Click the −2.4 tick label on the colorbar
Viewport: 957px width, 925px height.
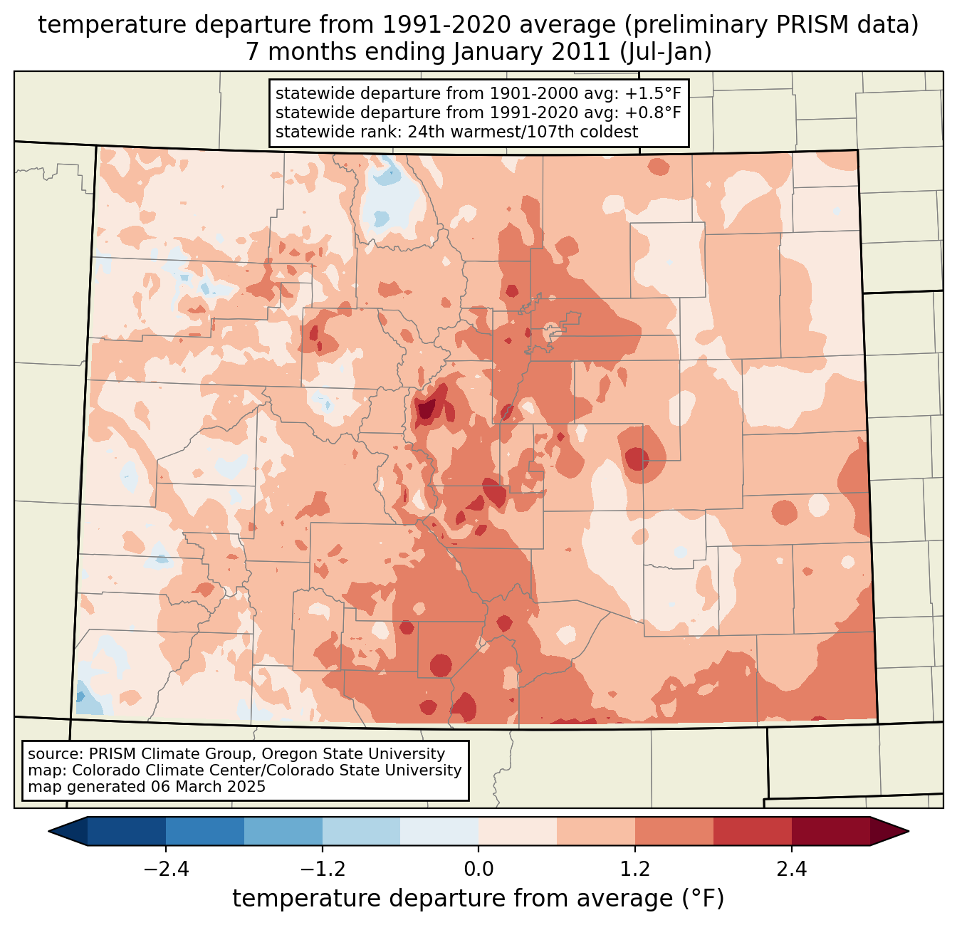point(166,869)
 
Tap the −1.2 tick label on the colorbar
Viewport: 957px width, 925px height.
point(322,869)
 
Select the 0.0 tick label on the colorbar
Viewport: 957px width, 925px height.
point(478,869)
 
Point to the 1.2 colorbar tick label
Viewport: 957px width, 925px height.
point(635,869)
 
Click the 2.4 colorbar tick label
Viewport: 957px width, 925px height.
point(791,869)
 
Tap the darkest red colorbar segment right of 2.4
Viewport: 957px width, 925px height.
point(830,831)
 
